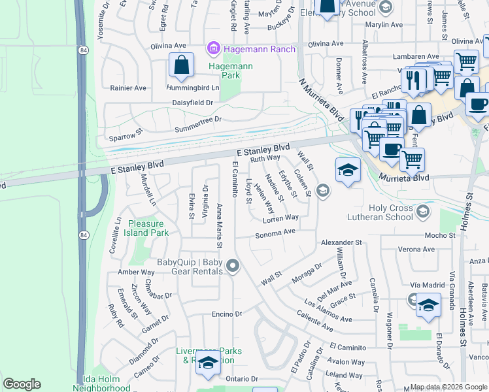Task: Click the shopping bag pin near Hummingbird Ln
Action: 181,65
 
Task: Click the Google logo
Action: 22,384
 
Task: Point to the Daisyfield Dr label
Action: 192,103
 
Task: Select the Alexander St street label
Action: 341,242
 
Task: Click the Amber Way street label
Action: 136,272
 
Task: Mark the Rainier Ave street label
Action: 128,88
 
